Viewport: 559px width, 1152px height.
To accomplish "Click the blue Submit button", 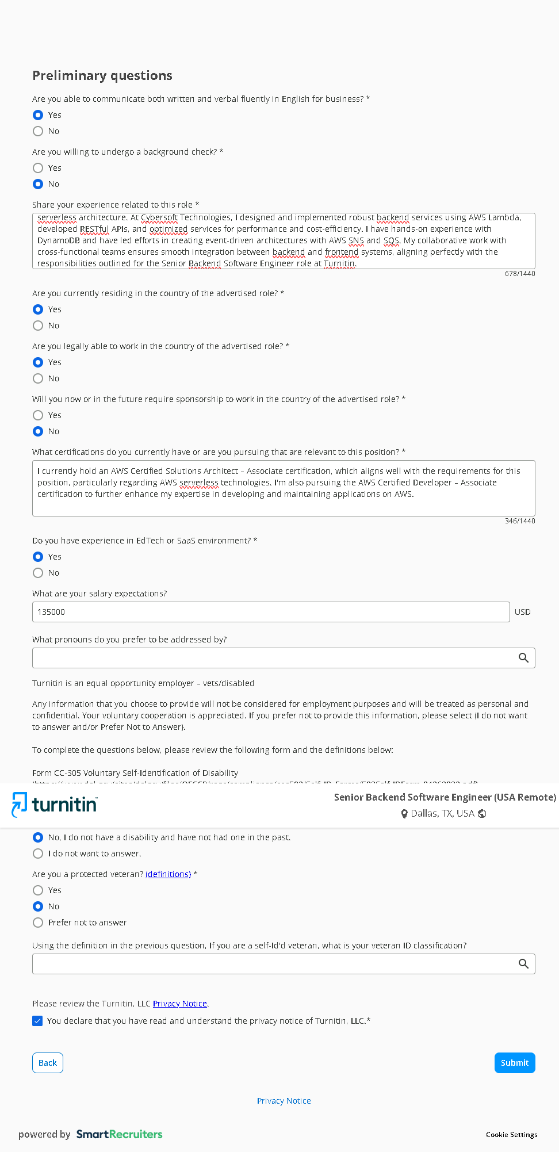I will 514,1063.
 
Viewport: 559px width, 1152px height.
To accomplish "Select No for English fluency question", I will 38,131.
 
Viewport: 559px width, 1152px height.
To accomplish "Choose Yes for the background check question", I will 38,168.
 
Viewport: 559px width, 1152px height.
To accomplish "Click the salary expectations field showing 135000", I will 270,612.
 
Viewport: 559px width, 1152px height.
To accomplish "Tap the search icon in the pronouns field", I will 523,658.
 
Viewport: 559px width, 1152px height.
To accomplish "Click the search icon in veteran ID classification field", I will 523,964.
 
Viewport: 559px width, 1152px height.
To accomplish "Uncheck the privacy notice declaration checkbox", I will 38,1021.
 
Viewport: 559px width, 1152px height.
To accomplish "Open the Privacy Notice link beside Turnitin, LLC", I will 179,1004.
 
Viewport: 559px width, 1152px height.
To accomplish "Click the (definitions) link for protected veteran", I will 168,874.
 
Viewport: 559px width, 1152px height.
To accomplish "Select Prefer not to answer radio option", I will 38,923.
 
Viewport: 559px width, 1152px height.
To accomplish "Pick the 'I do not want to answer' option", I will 38,854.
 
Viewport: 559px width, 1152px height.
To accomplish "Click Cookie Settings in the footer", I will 511,1135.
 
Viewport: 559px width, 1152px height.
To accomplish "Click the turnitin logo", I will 55,805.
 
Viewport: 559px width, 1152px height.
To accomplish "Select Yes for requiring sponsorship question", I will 38,415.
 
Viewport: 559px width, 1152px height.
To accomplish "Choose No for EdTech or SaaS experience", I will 38,573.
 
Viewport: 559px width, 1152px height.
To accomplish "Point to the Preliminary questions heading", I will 102,75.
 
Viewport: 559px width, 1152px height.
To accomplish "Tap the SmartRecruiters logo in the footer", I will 119,1134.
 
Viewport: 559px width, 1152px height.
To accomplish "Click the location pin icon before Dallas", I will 404,814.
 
